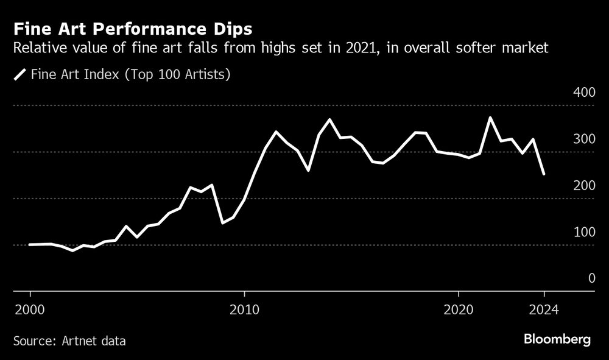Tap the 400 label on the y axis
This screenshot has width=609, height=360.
pos(583,93)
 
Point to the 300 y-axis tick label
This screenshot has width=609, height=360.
pos(583,139)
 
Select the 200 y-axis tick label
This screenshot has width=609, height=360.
pos(583,185)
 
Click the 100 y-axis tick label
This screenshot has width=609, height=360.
pos(583,232)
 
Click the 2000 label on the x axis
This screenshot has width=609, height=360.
pos(30,308)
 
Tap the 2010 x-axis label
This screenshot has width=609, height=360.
pos(244,308)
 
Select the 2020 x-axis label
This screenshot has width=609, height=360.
pos(459,308)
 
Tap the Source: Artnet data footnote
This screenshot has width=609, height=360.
pos(69,341)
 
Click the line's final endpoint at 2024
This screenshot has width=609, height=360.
pos(544,174)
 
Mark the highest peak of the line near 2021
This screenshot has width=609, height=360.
pos(490,118)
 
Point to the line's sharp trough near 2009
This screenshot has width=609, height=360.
pos(222,223)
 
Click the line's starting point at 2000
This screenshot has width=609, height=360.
pos(30,244)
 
